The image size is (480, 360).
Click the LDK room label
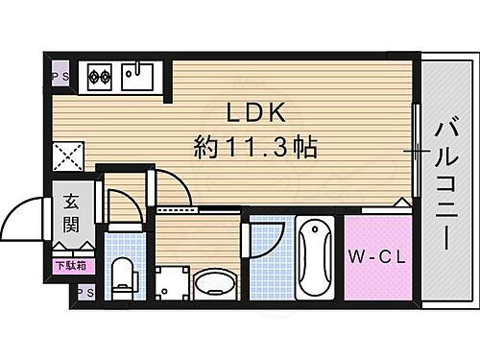(x=254, y=111)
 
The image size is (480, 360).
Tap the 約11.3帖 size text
(x=255, y=148)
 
